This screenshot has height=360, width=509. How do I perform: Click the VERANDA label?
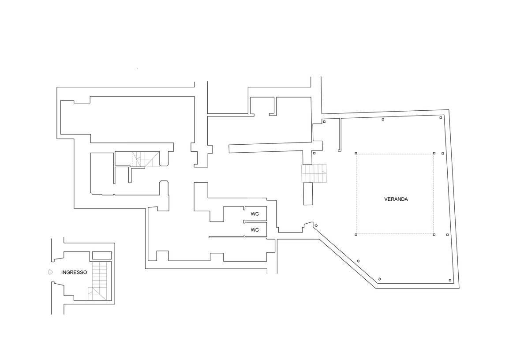[396, 199]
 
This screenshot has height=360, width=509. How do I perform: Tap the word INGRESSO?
[74, 272]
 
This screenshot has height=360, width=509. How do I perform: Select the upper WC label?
[255, 214]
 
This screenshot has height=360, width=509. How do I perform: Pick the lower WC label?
[255, 230]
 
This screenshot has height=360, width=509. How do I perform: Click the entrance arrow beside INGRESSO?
[50, 272]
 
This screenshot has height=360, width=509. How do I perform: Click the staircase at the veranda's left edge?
[314, 174]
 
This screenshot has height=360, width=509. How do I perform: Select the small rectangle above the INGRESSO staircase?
[102, 255]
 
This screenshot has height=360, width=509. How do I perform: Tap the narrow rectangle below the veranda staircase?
[308, 194]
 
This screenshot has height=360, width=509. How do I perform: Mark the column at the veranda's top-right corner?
[441, 117]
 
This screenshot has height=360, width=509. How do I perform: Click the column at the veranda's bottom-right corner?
[450, 280]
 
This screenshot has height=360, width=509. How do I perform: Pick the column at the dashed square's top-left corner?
[356, 153]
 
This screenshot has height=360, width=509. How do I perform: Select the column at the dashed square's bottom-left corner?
[356, 234]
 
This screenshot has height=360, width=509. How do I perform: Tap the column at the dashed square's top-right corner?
[434, 153]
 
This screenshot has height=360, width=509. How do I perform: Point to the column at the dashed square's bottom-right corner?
[434, 234]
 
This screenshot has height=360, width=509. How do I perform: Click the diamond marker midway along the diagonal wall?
[359, 261]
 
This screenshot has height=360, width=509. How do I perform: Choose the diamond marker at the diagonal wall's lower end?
[380, 279]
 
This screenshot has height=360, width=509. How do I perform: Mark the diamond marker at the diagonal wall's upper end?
[316, 225]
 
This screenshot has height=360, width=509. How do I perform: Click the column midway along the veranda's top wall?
[383, 120]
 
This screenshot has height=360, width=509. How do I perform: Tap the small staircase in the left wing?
[146, 159]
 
